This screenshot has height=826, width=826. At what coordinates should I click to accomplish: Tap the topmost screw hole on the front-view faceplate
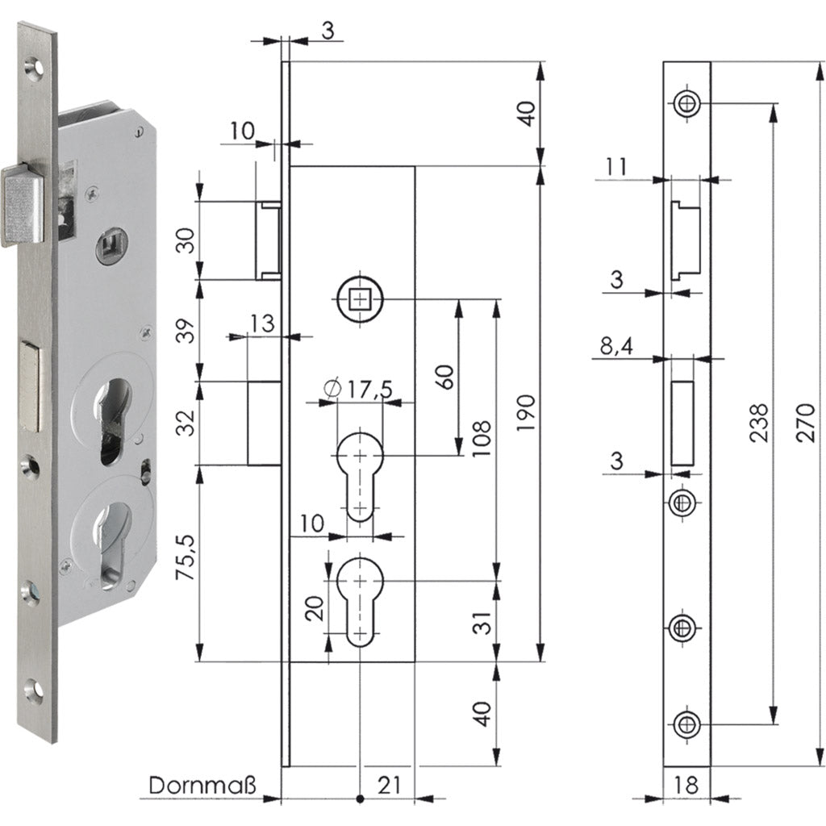pos(686,103)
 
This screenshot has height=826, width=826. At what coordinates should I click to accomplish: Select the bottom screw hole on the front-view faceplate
pos(686,724)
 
